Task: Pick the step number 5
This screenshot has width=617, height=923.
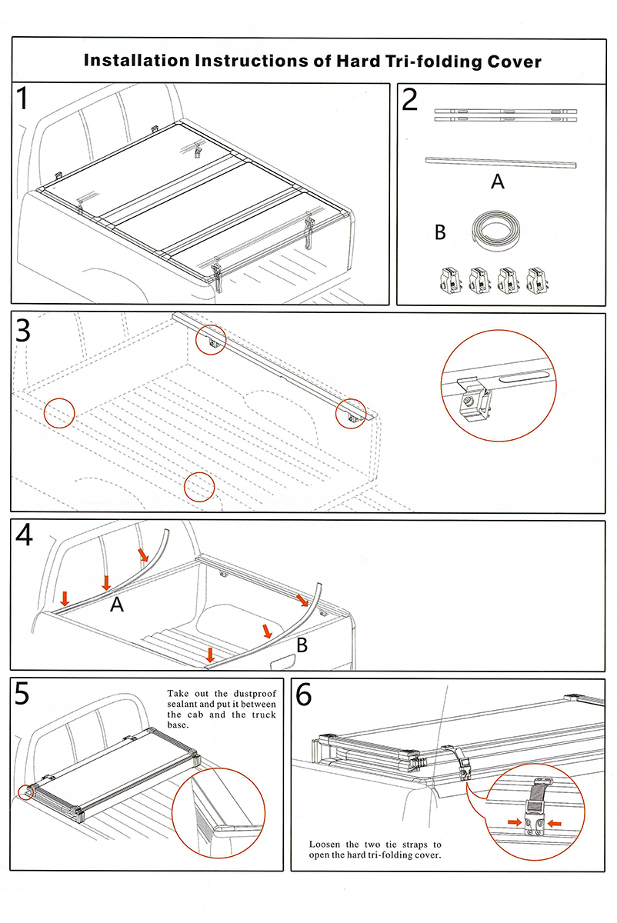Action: click(23, 694)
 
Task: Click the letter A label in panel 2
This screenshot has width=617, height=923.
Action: click(498, 182)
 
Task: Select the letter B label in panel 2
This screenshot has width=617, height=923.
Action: click(440, 232)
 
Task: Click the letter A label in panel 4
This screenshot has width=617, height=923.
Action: click(117, 605)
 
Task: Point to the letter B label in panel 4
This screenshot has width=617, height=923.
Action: click(302, 645)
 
